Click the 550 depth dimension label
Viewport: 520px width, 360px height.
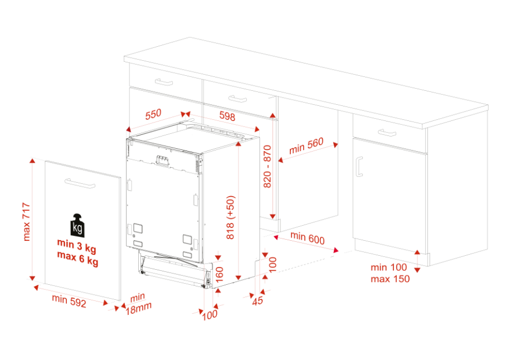coord(153,114)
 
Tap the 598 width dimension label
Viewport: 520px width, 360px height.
coord(227,116)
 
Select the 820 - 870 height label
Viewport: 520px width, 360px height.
coord(268,167)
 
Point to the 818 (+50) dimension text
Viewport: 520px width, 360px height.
coord(231,217)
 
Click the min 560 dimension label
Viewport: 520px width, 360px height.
coord(306,146)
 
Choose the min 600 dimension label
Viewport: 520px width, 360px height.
coord(308,238)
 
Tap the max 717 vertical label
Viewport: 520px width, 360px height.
coord(27,222)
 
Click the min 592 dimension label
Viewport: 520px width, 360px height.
coord(69,301)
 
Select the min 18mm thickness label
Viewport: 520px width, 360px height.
coord(138,304)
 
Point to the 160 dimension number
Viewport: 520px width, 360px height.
coord(220,275)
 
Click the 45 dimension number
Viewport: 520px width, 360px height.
coord(257,301)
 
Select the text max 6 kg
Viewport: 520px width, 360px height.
coord(77,257)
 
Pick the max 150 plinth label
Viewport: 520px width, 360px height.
coord(390,279)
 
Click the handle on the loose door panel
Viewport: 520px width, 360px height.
coord(80,183)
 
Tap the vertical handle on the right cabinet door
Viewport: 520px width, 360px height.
coord(359,167)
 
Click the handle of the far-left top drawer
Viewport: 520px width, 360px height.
coord(164,82)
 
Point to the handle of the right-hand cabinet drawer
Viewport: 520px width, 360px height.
coord(387,133)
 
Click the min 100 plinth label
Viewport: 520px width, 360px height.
coord(388,267)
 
